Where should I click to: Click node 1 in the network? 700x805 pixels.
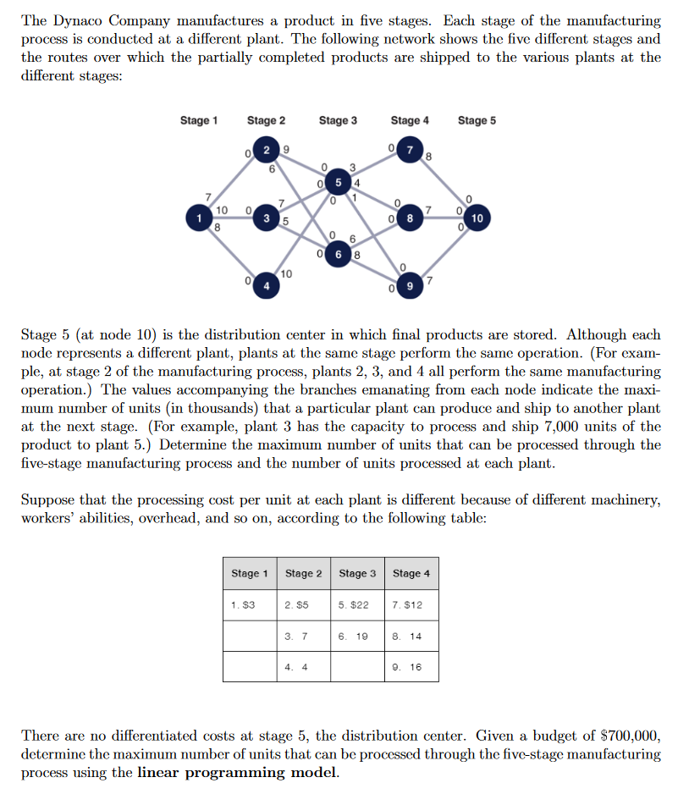tap(201, 218)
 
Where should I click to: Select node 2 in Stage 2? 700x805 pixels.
tap(267, 151)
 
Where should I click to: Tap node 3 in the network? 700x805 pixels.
tap(267, 218)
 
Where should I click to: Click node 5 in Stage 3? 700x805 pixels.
tap(339, 184)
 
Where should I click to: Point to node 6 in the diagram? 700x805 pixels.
tap(339, 251)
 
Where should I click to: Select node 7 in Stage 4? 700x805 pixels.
tap(410, 151)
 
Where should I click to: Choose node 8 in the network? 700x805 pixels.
tap(410, 218)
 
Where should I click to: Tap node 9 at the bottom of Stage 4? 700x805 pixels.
tap(410, 286)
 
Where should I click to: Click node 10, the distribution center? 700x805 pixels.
tap(477, 218)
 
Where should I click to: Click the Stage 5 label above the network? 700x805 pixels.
tap(477, 120)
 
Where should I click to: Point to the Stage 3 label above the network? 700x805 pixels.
tap(338, 120)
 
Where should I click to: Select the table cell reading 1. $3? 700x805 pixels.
tap(250, 605)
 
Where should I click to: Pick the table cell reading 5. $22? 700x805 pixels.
tap(357, 605)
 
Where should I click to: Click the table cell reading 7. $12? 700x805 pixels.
tap(411, 605)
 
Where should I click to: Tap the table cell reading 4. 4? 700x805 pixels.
tap(303, 666)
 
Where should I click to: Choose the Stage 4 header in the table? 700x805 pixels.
tap(411, 574)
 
